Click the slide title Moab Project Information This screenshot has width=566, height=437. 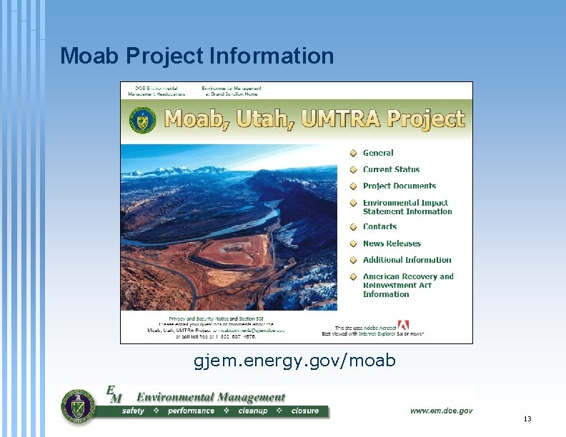197,56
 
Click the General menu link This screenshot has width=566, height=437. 378,153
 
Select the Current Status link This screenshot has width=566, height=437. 391,169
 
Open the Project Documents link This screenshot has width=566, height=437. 399,186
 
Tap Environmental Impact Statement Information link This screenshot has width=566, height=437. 407,207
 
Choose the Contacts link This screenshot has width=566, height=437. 379,226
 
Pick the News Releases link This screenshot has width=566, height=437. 392,243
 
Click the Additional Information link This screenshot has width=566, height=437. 407,260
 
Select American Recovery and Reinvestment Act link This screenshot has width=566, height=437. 407,285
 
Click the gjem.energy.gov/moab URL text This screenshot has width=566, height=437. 294,361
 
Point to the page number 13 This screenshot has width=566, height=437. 527,419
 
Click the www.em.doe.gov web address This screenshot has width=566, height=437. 440,411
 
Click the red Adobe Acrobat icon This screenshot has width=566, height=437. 403,325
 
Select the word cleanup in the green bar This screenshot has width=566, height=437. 253,411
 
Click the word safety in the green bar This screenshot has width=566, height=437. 133,411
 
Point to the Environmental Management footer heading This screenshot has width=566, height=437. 210,397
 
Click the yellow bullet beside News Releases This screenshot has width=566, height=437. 353,243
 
